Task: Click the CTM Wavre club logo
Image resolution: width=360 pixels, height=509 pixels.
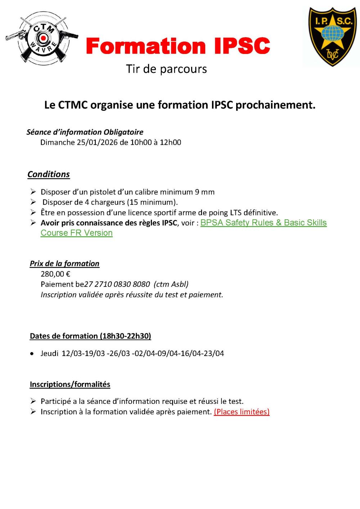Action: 42,39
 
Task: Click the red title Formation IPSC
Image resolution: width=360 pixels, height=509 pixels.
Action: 178,46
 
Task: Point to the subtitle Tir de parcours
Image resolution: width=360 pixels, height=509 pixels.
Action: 166,69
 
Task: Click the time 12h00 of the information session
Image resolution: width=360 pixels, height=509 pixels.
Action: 170,143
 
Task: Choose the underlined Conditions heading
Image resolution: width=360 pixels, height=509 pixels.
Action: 49,174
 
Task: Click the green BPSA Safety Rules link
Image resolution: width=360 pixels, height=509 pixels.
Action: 263,223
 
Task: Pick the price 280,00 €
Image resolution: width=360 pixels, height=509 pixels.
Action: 55,274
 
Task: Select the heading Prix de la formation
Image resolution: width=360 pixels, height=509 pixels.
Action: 64,263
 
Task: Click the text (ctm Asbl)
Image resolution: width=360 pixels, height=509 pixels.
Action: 171,284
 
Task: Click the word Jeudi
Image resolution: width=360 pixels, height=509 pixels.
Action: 49,353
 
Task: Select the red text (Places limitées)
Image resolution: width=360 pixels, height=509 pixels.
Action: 242,412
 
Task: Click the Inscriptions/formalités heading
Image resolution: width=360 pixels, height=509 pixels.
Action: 70,384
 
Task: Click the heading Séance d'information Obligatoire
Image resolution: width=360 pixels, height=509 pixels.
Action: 85,132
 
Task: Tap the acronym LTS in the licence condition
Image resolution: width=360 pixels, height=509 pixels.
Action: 235,213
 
